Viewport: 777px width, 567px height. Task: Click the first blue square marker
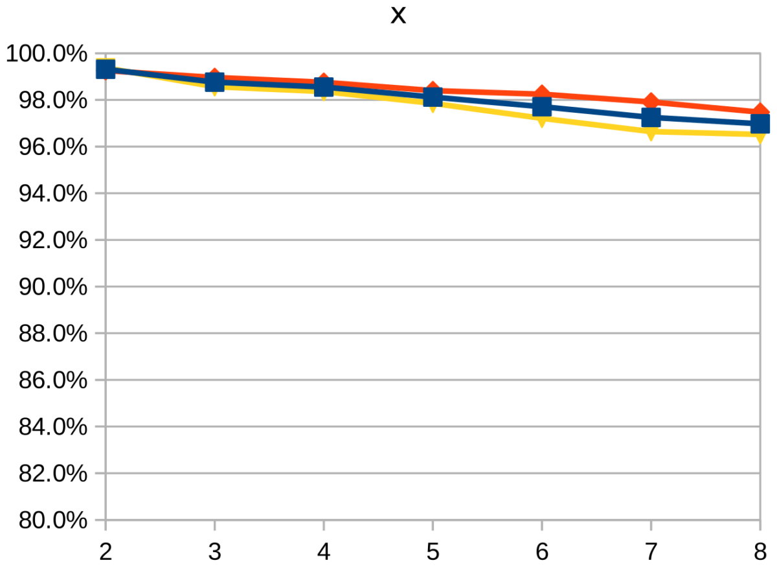pyautogui.click(x=106, y=69)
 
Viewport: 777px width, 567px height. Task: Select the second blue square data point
pyautogui.click(x=214, y=82)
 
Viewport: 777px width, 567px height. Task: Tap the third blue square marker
pyautogui.click(x=324, y=87)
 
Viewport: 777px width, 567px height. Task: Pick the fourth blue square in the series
pyautogui.click(x=433, y=97)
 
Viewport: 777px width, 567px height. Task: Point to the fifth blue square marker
pyautogui.click(x=542, y=107)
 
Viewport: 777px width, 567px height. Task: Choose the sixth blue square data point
pyautogui.click(x=651, y=117)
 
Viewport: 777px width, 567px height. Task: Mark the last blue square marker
pyautogui.click(x=760, y=123)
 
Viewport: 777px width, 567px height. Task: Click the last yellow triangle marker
pyautogui.click(x=760, y=138)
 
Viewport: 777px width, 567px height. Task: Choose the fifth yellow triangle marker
pyautogui.click(x=542, y=122)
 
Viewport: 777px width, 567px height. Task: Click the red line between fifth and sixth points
pyautogui.click(x=596, y=97)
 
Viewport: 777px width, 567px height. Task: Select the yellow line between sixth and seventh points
pyautogui.click(x=706, y=133)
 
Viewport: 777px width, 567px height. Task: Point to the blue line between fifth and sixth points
pyautogui.click(x=596, y=112)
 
